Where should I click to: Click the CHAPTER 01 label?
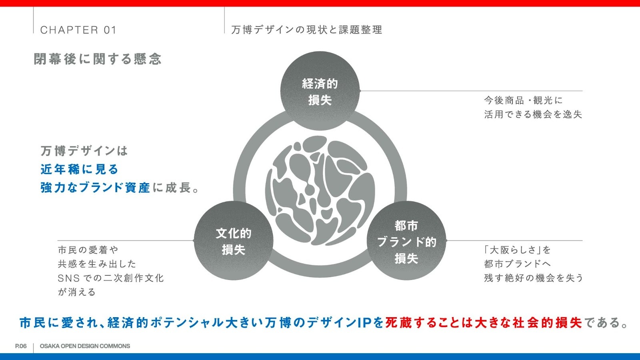[x=78, y=30]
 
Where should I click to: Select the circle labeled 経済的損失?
[x=320, y=92]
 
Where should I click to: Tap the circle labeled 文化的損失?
[x=234, y=241]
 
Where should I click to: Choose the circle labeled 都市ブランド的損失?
[x=406, y=241]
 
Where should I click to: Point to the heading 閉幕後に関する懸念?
[x=98, y=59]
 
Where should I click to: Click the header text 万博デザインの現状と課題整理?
[x=307, y=30]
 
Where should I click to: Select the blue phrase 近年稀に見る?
[x=80, y=169]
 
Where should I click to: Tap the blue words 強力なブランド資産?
[x=95, y=188]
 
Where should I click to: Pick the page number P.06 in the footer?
[x=21, y=346]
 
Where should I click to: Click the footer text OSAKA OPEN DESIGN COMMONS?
[x=85, y=346]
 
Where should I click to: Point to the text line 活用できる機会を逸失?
[x=533, y=114]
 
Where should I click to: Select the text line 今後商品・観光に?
[x=523, y=100]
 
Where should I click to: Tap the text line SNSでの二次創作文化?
[x=111, y=278]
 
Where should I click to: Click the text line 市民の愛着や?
[x=88, y=250]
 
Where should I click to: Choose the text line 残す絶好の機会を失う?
[x=533, y=278]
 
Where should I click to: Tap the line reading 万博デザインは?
[x=84, y=151]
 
